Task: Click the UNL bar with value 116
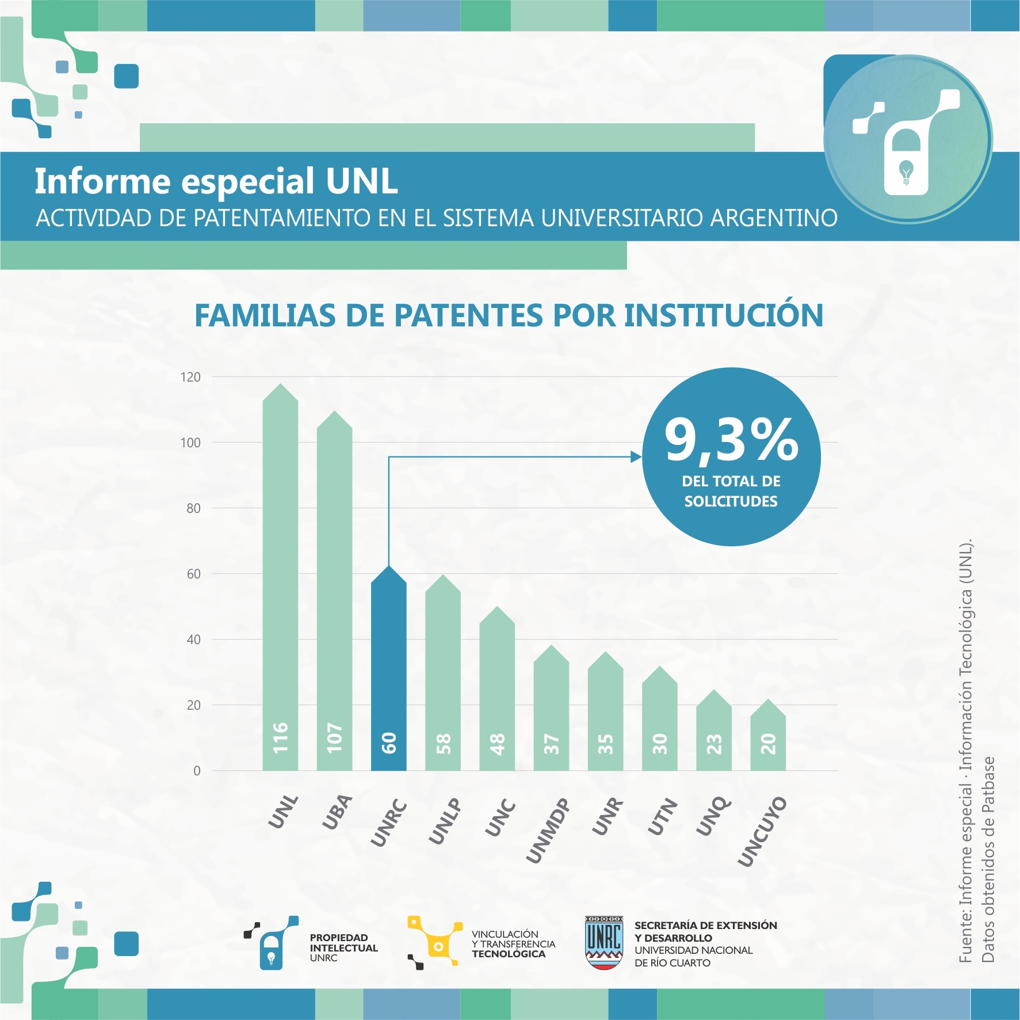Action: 280,576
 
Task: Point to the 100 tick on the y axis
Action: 190,443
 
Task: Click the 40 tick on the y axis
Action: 193,640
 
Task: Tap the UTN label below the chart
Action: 662,816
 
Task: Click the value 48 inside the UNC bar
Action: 497,744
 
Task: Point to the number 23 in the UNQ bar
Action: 714,744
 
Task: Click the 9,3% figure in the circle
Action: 731,440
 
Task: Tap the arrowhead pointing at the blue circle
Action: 636,457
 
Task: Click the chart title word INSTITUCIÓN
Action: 723,315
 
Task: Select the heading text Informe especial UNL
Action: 216,181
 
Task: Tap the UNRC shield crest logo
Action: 603,942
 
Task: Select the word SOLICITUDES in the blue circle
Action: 731,501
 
